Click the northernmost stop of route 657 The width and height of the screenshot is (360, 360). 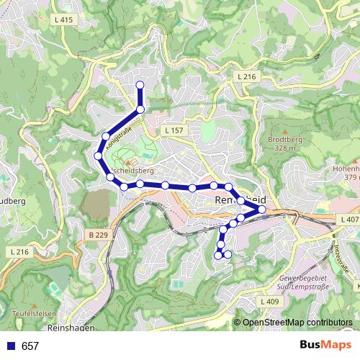point(140,86)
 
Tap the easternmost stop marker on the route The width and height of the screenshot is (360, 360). point(261,210)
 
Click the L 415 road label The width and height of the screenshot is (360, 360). point(63,20)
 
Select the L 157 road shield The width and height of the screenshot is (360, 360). point(174,130)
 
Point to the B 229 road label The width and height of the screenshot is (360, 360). point(99,235)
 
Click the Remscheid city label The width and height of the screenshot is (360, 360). point(241,199)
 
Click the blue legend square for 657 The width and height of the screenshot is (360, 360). point(9,346)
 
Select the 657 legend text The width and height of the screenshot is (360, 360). point(30,346)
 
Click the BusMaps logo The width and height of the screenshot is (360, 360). point(325,346)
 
